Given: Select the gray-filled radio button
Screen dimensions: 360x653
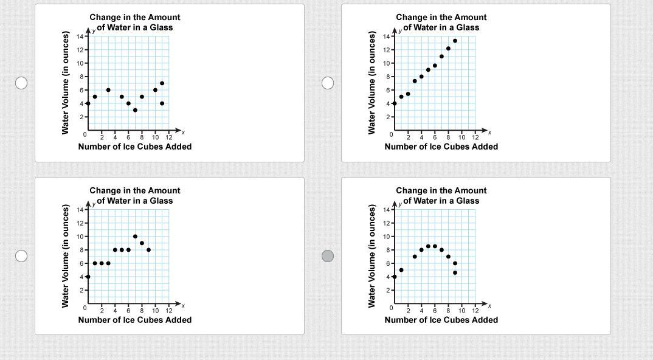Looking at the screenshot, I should point(328,256).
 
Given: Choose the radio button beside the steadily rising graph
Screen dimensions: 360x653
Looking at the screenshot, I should point(328,83).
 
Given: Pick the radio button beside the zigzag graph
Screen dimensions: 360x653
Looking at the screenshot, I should point(21,83).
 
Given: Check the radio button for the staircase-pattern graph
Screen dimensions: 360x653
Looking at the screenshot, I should point(21,256).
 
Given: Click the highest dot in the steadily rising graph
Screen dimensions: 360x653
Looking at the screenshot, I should point(455,41).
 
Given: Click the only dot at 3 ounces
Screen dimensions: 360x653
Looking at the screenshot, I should point(135,110).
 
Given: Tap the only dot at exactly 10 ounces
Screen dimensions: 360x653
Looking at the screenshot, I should point(135,237).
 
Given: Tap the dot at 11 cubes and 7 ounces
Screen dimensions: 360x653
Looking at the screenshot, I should point(162,83).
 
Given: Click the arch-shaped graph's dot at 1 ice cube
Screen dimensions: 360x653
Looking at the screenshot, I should point(401,270).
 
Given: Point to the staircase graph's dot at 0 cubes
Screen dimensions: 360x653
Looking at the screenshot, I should point(88,277).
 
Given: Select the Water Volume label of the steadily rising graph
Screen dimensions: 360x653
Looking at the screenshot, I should point(371,83).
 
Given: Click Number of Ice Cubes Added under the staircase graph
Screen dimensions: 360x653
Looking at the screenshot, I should point(134,320).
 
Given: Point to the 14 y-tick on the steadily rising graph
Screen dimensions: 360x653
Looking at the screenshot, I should point(386,36).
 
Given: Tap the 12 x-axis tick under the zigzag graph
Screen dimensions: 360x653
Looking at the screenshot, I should point(169,137).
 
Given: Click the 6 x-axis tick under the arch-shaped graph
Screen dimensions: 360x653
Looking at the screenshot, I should point(435,311).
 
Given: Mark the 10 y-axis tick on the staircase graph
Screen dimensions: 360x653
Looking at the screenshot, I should point(80,237).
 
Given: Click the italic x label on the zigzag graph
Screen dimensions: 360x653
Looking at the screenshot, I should point(183,133).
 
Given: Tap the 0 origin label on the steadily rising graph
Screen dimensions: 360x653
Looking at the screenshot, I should point(392,134).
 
